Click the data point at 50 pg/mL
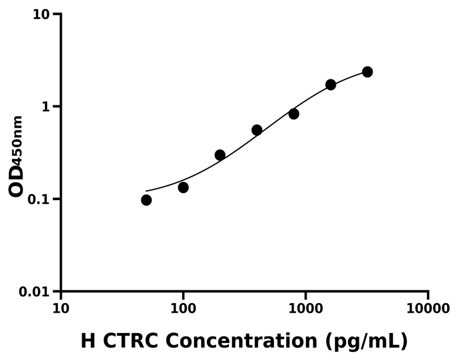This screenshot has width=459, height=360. pyautogui.click(x=146, y=200)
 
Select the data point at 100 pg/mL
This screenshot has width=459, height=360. pyautogui.click(x=183, y=187)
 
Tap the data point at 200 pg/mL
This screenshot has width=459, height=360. pyautogui.click(x=220, y=155)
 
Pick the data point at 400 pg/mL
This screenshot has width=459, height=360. pyautogui.click(x=257, y=130)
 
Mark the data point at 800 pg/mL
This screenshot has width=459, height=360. pyautogui.click(x=294, y=114)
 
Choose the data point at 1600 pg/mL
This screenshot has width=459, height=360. pyautogui.click(x=331, y=84)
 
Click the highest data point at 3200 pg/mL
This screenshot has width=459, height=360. pyautogui.click(x=367, y=72)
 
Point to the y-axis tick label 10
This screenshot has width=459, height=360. pyautogui.click(x=40, y=14)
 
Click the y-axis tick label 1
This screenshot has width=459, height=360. pyautogui.click(x=46, y=107)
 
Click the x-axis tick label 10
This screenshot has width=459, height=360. pyautogui.click(x=61, y=309)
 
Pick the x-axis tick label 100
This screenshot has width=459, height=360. pyautogui.click(x=183, y=309)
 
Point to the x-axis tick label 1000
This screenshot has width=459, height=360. pyautogui.click(x=305, y=309)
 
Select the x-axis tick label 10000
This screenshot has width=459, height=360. pyautogui.click(x=428, y=309)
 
